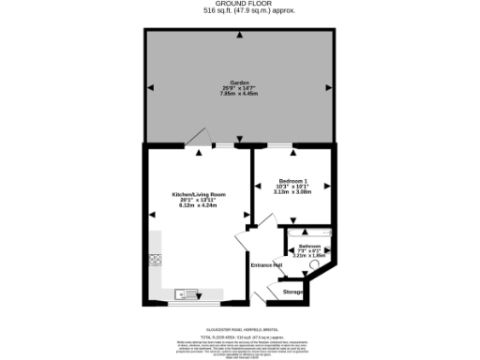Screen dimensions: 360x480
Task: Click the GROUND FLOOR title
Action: [239, 4]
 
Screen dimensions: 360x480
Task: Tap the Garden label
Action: [239, 83]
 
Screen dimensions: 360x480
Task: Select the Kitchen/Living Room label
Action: [199, 194]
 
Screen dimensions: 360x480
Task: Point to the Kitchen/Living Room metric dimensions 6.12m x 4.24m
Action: [199, 205]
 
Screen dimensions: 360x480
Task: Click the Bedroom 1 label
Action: [292, 180]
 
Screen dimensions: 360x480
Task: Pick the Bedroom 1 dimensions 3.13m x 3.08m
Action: [292, 191]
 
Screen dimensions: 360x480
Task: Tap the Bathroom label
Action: [309, 247]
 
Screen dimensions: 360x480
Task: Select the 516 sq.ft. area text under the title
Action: [239, 11]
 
